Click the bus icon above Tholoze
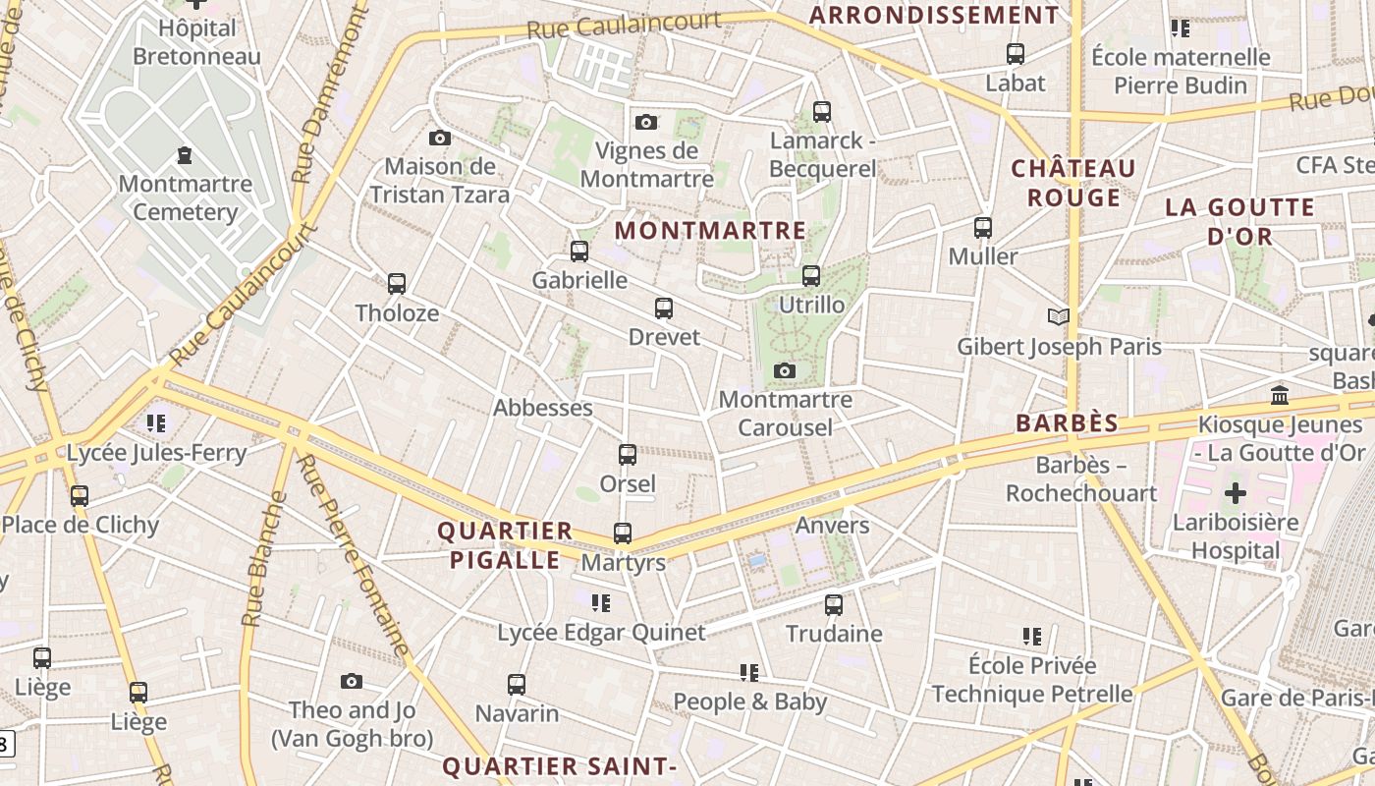pyautogui.click(x=397, y=284)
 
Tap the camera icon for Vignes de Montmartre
pyautogui.click(x=646, y=122)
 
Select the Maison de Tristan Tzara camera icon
pyautogui.click(x=440, y=138)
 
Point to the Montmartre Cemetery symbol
pyautogui.click(x=185, y=155)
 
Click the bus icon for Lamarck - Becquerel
pyautogui.click(x=822, y=112)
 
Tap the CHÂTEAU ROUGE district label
pyautogui.click(x=1073, y=183)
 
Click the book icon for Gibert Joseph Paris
pyautogui.click(x=1059, y=316)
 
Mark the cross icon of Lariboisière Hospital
pyautogui.click(x=1236, y=493)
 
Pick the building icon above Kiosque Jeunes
pyautogui.click(x=1280, y=396)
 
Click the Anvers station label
pyautogui.click(x=832, y=525)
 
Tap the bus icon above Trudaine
pyautogui.click(x=834, y=604)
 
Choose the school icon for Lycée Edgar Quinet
pyautogui.click(x=601, y=602)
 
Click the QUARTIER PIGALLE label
pyautogui.click(x=504, y=545)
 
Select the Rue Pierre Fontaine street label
pyautogui.click(x=353, y=556)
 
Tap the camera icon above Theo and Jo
pyautogui.click(x=352, y=681)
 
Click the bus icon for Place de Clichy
pyautogui.click(x=80, y=496)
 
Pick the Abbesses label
pyautogui.click(x=543, y=408)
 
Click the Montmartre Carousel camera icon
pyautogui.click(x=784, y=370)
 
